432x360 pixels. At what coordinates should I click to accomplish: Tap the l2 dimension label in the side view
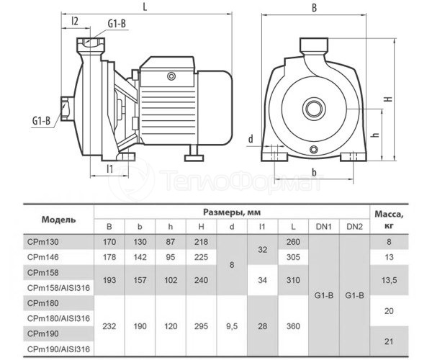75,21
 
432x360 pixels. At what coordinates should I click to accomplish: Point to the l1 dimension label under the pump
110,168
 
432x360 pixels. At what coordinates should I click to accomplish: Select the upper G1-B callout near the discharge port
117,24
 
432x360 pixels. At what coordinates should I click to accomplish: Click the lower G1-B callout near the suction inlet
42,120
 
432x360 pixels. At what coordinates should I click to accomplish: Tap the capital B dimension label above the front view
314,8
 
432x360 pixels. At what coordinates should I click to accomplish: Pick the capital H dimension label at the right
389,99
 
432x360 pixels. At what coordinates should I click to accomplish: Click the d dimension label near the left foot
251,139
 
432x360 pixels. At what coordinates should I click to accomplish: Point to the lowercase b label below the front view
314,172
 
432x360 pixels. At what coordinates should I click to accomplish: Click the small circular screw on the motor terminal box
171,76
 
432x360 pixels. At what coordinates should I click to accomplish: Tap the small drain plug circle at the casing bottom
313,150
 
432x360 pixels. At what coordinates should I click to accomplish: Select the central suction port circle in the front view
313,109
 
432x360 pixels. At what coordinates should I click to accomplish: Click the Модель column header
59,220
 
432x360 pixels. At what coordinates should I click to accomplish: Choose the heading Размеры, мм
232,212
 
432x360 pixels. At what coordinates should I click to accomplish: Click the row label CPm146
43,257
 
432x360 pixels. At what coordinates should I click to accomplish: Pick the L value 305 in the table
293,257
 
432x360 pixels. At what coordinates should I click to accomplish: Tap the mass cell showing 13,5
389,280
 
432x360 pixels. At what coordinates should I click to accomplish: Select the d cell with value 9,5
232,326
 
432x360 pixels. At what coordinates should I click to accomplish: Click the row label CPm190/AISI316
59,349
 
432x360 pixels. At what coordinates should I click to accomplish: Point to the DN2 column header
354,227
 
